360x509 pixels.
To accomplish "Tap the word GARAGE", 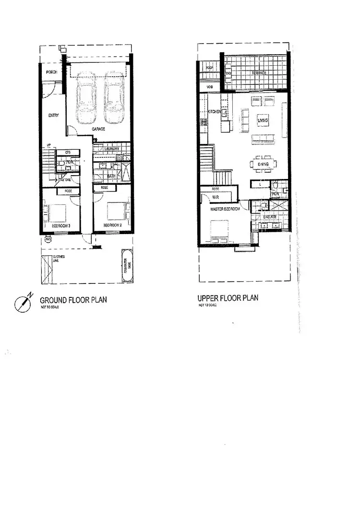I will pos(99,129).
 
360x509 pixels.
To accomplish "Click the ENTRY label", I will pos(53,115).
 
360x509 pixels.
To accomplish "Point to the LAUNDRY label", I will pos(112,149).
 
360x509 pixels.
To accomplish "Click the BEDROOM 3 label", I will pos(61,225).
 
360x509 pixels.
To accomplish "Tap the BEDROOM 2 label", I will pos(111,225).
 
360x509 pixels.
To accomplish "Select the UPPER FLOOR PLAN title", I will pos(228,298).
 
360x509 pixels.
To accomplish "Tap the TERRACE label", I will pos(259,73).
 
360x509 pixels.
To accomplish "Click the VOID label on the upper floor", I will pos(210,86).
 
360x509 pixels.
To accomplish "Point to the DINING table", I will pos(263,165).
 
